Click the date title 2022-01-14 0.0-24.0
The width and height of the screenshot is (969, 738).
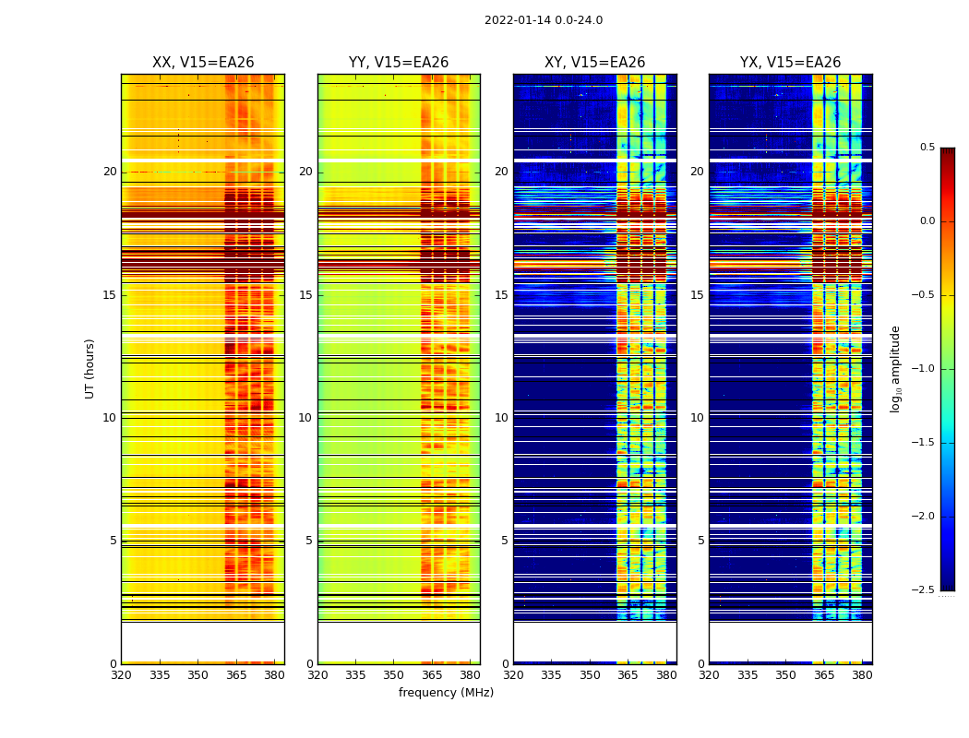point(544,20)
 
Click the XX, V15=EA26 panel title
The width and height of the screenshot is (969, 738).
point(203,63)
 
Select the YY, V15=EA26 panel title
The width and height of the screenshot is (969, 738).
point(399,63)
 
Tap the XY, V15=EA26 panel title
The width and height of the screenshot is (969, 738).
point(595,63)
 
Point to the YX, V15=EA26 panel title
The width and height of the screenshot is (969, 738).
point(791,63)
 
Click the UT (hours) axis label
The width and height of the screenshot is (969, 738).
point(90,368)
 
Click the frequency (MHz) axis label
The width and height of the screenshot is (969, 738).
point(446,693)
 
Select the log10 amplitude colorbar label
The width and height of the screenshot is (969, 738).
point(895,368)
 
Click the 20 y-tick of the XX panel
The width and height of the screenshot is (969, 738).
point(110,172)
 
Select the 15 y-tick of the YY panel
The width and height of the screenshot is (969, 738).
point(305,295)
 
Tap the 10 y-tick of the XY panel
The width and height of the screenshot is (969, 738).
point(501,418)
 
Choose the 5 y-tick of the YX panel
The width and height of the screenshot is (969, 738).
point(700,541)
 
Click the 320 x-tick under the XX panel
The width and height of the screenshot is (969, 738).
point(121,674)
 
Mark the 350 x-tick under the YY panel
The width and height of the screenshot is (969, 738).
point(394,674)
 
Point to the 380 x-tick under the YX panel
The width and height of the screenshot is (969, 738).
point(862,674)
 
